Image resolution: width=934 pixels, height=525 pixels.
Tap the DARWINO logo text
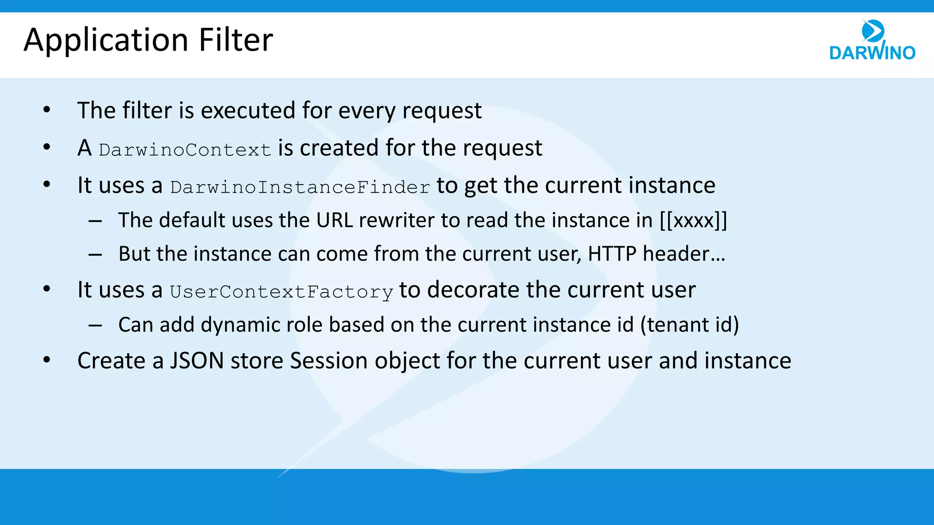[872, 53]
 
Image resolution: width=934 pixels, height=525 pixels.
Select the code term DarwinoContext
[185, 150]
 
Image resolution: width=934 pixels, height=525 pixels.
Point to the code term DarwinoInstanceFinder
[300, 187]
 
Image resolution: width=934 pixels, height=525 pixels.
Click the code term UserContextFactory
[281, 292]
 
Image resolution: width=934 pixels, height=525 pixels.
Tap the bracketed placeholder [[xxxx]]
[693, 221]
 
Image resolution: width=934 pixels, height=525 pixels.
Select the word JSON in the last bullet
[197, 361]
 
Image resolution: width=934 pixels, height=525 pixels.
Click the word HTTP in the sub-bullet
[612, 254]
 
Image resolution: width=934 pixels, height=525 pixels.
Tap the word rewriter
[396, 221]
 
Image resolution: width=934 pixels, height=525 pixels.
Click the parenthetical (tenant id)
[689, 325]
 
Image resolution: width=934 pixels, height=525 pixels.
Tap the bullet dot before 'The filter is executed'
[47, 110]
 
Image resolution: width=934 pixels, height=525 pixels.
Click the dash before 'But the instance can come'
[95, 255]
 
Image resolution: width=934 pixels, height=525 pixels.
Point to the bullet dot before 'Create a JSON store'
[47, 360]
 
